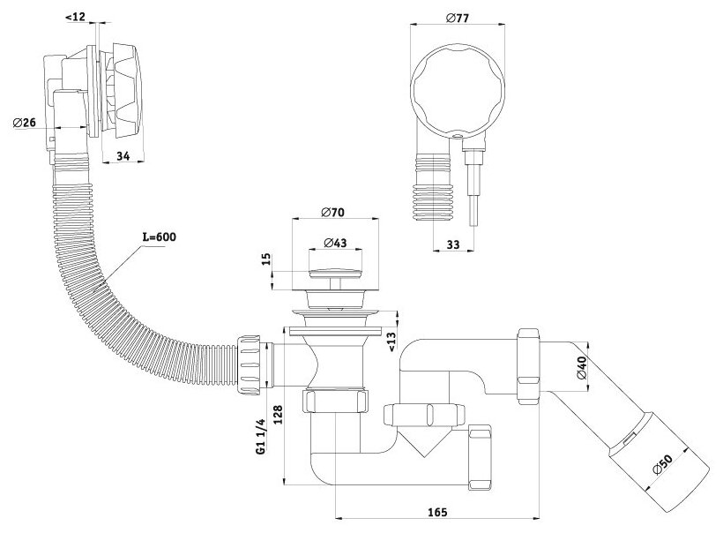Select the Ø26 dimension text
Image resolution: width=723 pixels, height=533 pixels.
(24, 123)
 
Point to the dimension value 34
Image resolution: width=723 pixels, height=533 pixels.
(123, 157)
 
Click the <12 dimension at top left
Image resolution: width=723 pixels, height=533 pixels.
(76, 16)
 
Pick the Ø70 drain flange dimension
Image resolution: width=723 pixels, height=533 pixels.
(332, 213)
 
